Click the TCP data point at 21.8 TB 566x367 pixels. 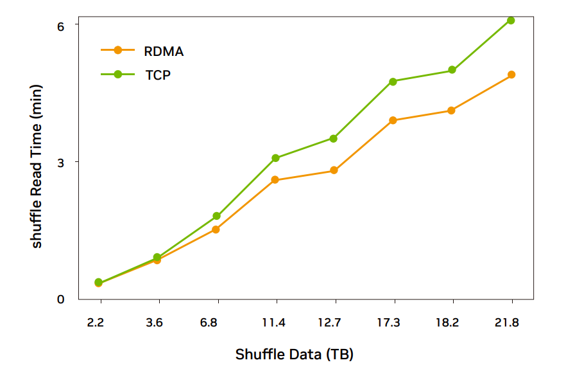(x=511, y=21)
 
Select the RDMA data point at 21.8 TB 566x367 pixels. (x=511, y=75)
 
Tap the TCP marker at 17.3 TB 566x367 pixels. (x=393, y=82)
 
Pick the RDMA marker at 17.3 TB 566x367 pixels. (x=393, y=120)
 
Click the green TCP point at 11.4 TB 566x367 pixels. (x=275, y=158)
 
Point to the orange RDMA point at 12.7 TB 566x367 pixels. (x=334, y=170)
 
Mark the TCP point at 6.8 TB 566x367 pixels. (x=217, y=216)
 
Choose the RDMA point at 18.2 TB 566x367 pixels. (x=452, y=111)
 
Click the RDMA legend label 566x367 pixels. (x=164, y=51)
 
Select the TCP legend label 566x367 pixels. (x=158, y=75)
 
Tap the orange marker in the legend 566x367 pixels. (x=117, y=50)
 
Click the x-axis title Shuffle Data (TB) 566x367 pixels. (x=295, y=354)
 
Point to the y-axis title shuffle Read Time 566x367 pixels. (x=37, y=166)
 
